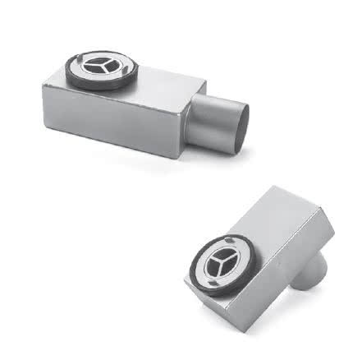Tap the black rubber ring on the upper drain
(69, 77)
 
